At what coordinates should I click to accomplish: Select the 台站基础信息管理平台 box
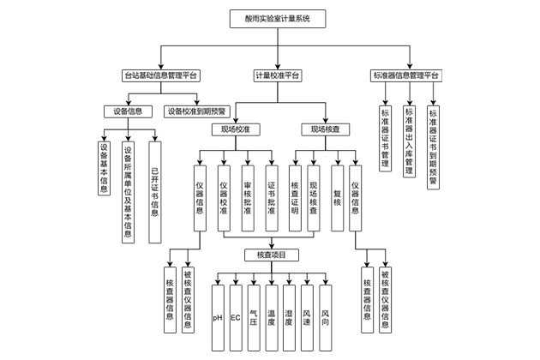[159, 75]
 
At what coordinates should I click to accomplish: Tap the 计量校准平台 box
[276, 75]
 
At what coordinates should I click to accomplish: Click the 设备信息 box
[128, 111]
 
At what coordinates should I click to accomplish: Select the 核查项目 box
[271, 255]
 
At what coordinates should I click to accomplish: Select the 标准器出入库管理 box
[410, 141]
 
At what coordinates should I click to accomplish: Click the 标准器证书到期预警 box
[433, 147]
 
